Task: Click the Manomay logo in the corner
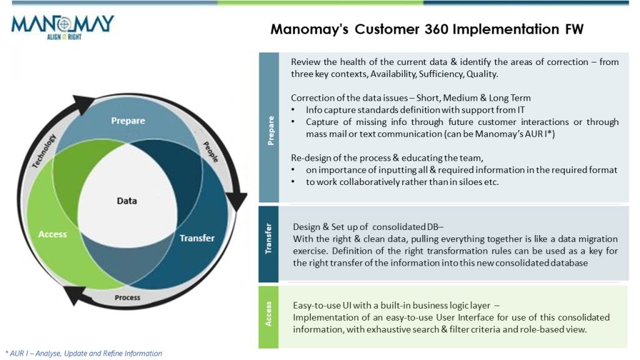[x=63, y=26]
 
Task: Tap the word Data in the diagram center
[x=127, y=201]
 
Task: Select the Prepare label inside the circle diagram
[x=127, y=121]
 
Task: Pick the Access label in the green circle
[x=52, y=234]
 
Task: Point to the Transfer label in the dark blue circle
[x=197, y=238]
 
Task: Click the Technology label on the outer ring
[x=44, y=151]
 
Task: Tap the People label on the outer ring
[x=211, y=152]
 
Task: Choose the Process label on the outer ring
[x=127, y=297]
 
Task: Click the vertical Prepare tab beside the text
[x=270, y=130]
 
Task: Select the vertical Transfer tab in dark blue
[x=269, y=243]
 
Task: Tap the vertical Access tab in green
[x=269, y=316]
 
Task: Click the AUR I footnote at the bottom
[x=83, y=354]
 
